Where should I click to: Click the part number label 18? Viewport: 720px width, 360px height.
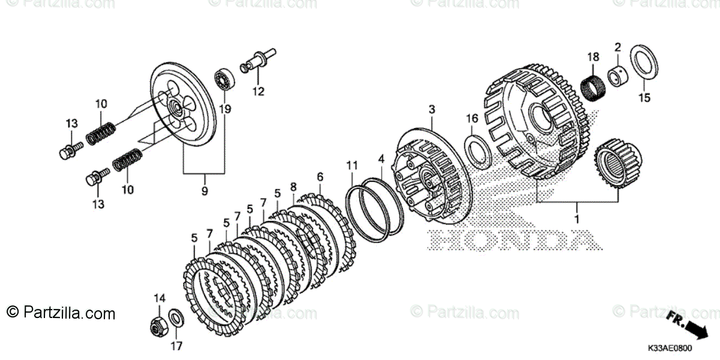[593, 57]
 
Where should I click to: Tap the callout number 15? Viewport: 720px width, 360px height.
[644, 98]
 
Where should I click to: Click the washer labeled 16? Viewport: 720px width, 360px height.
[478, 149]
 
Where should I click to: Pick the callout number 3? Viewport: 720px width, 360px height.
[431, 110]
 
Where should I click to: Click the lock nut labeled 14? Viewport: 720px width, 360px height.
[158, 325]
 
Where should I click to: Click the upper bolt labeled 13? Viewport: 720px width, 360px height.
[68, 151]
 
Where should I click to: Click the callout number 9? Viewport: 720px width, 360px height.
[204, 191]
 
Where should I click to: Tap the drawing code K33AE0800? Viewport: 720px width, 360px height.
[668, 349]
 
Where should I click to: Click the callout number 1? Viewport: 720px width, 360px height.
[577, 220]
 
